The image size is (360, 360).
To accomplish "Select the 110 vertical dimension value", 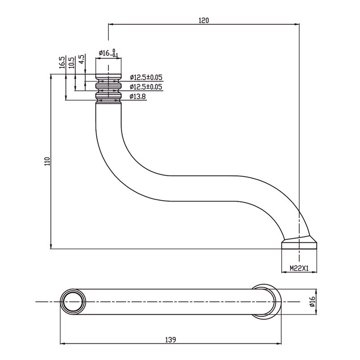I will [x=47, y=162].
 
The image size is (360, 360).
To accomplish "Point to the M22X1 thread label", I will [x=299, y=268].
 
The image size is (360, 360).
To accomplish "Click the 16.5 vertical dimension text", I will [x=61, y=62].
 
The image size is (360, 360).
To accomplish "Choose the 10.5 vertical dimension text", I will [x=71, y=62].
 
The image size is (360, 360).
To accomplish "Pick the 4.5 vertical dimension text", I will [x=81, y=59].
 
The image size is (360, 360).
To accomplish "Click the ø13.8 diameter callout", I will [x=139, y=96].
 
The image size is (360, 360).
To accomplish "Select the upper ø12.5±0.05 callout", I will [x=146, y=77].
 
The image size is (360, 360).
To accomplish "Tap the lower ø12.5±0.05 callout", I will [x=146, y=86].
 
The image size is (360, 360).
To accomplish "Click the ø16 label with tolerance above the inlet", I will [x=108, y=54].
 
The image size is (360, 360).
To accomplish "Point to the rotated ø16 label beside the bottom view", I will [x=311, y=301].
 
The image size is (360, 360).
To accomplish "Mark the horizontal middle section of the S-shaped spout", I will [x=202, y=188].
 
